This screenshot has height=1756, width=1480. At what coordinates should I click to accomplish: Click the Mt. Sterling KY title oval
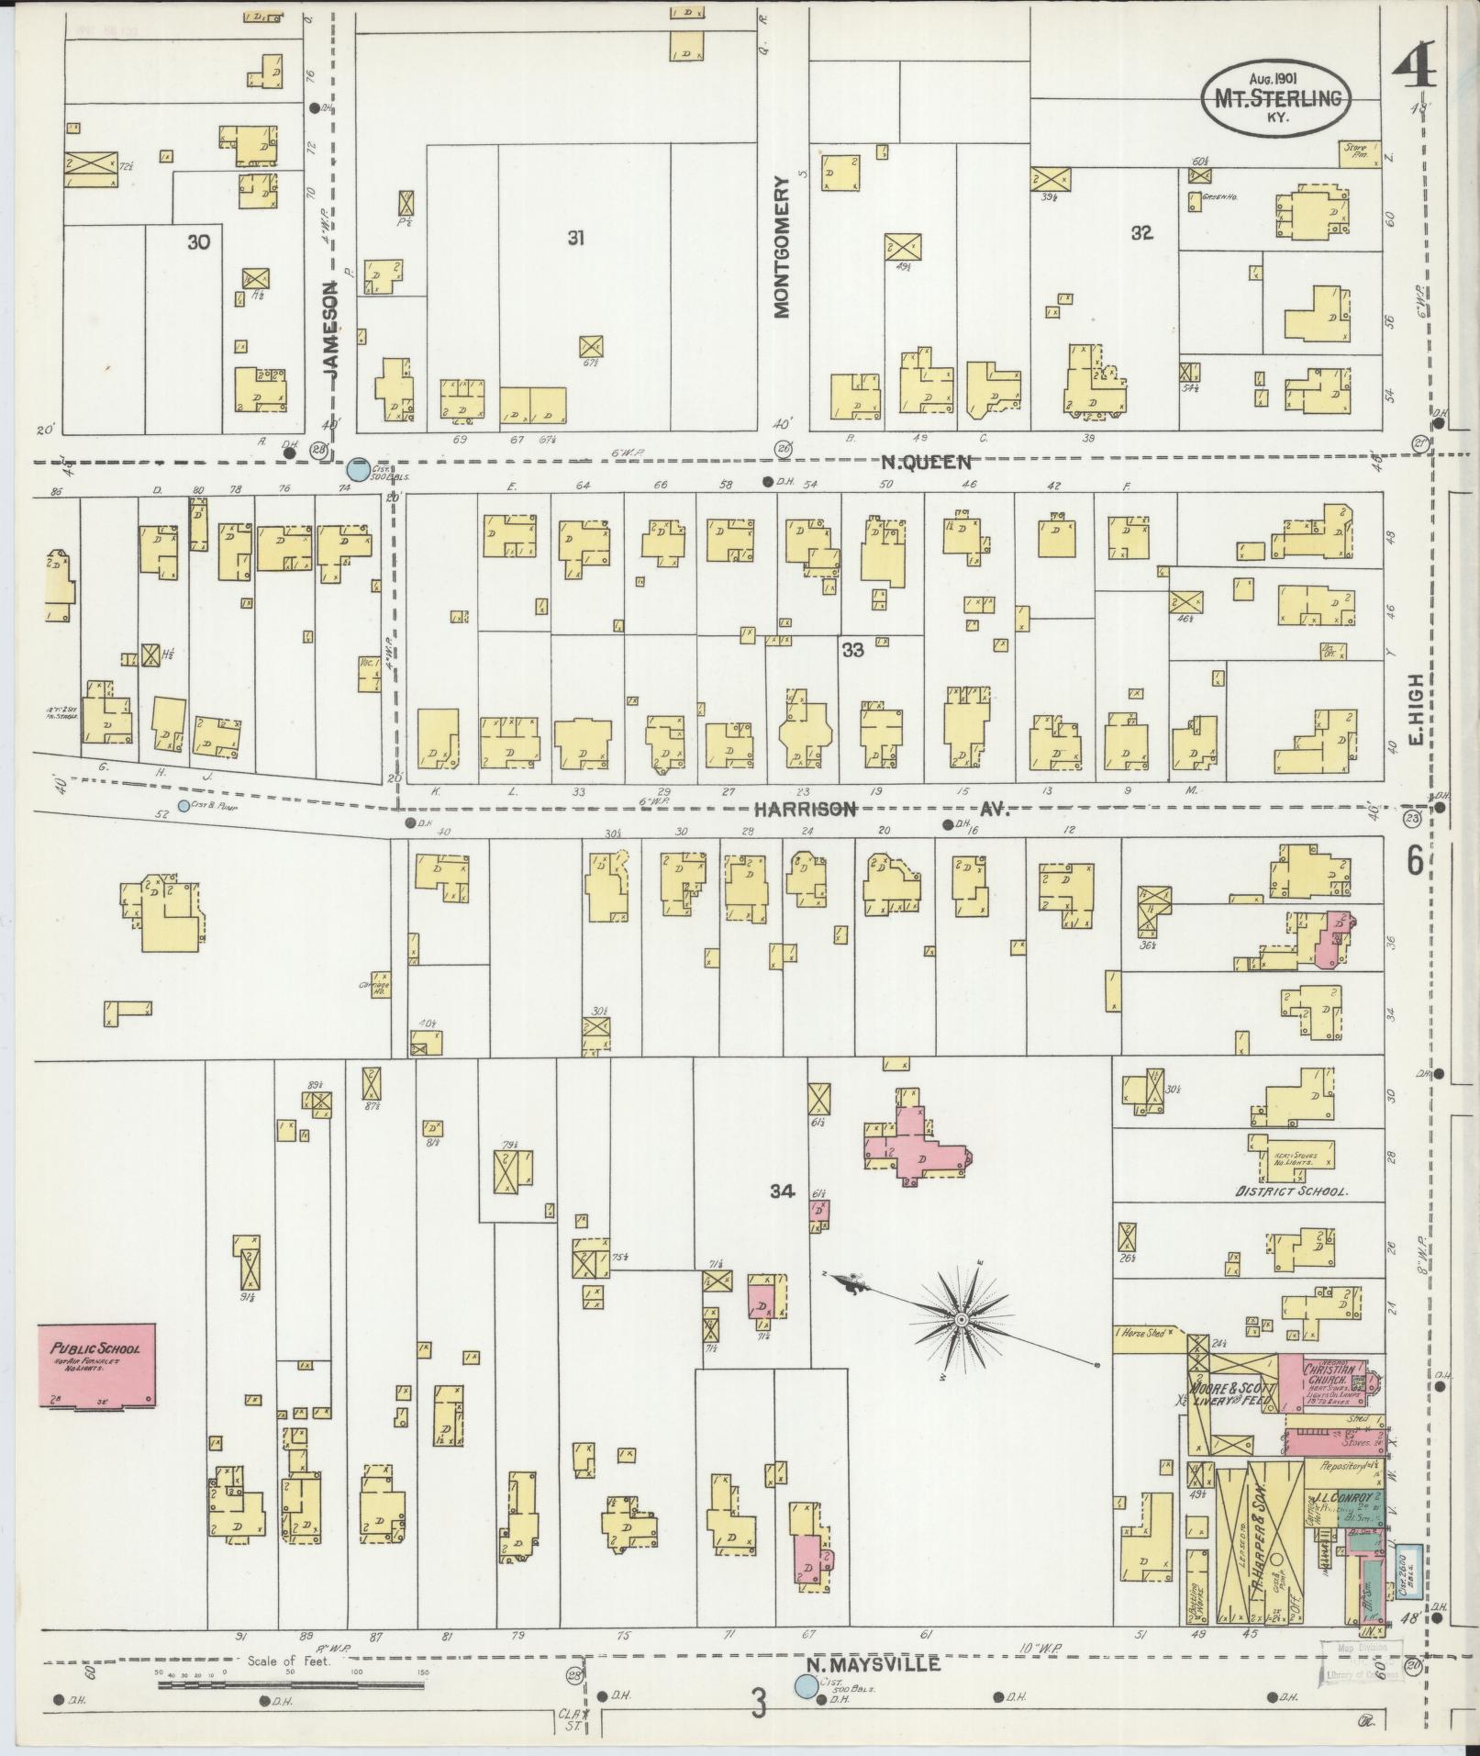tap(1276, 99)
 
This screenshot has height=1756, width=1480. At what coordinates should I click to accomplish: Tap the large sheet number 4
tap(1414, 63)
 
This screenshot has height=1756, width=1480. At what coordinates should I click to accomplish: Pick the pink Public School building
tap(96, 1365)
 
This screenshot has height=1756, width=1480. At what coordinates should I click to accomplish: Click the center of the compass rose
tap(960, 1320)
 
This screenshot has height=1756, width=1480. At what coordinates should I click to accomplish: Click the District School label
tap(1290, 1191)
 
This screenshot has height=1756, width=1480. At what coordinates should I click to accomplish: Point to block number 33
tap(852, 650)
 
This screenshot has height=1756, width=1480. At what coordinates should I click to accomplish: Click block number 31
tap(575, 239)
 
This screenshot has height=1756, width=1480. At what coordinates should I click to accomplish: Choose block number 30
tap(198, 242)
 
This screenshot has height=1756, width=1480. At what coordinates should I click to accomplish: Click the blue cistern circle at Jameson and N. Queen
tap(357, 469)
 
